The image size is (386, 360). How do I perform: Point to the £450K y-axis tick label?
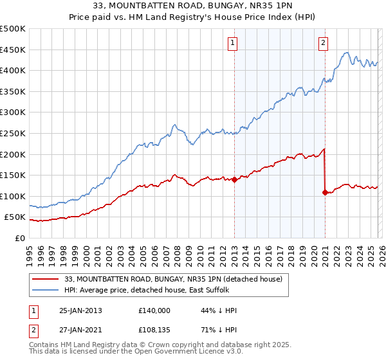[13, 50]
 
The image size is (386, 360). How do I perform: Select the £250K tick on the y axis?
[13, 133]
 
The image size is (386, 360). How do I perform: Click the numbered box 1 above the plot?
[232, 43]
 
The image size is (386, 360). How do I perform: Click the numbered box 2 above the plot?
[323, 43]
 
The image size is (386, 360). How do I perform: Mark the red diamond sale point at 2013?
[234, 180]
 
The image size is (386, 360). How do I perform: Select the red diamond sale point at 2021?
[325, 192]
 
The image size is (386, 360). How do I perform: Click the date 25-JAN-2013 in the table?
[80, 310]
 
